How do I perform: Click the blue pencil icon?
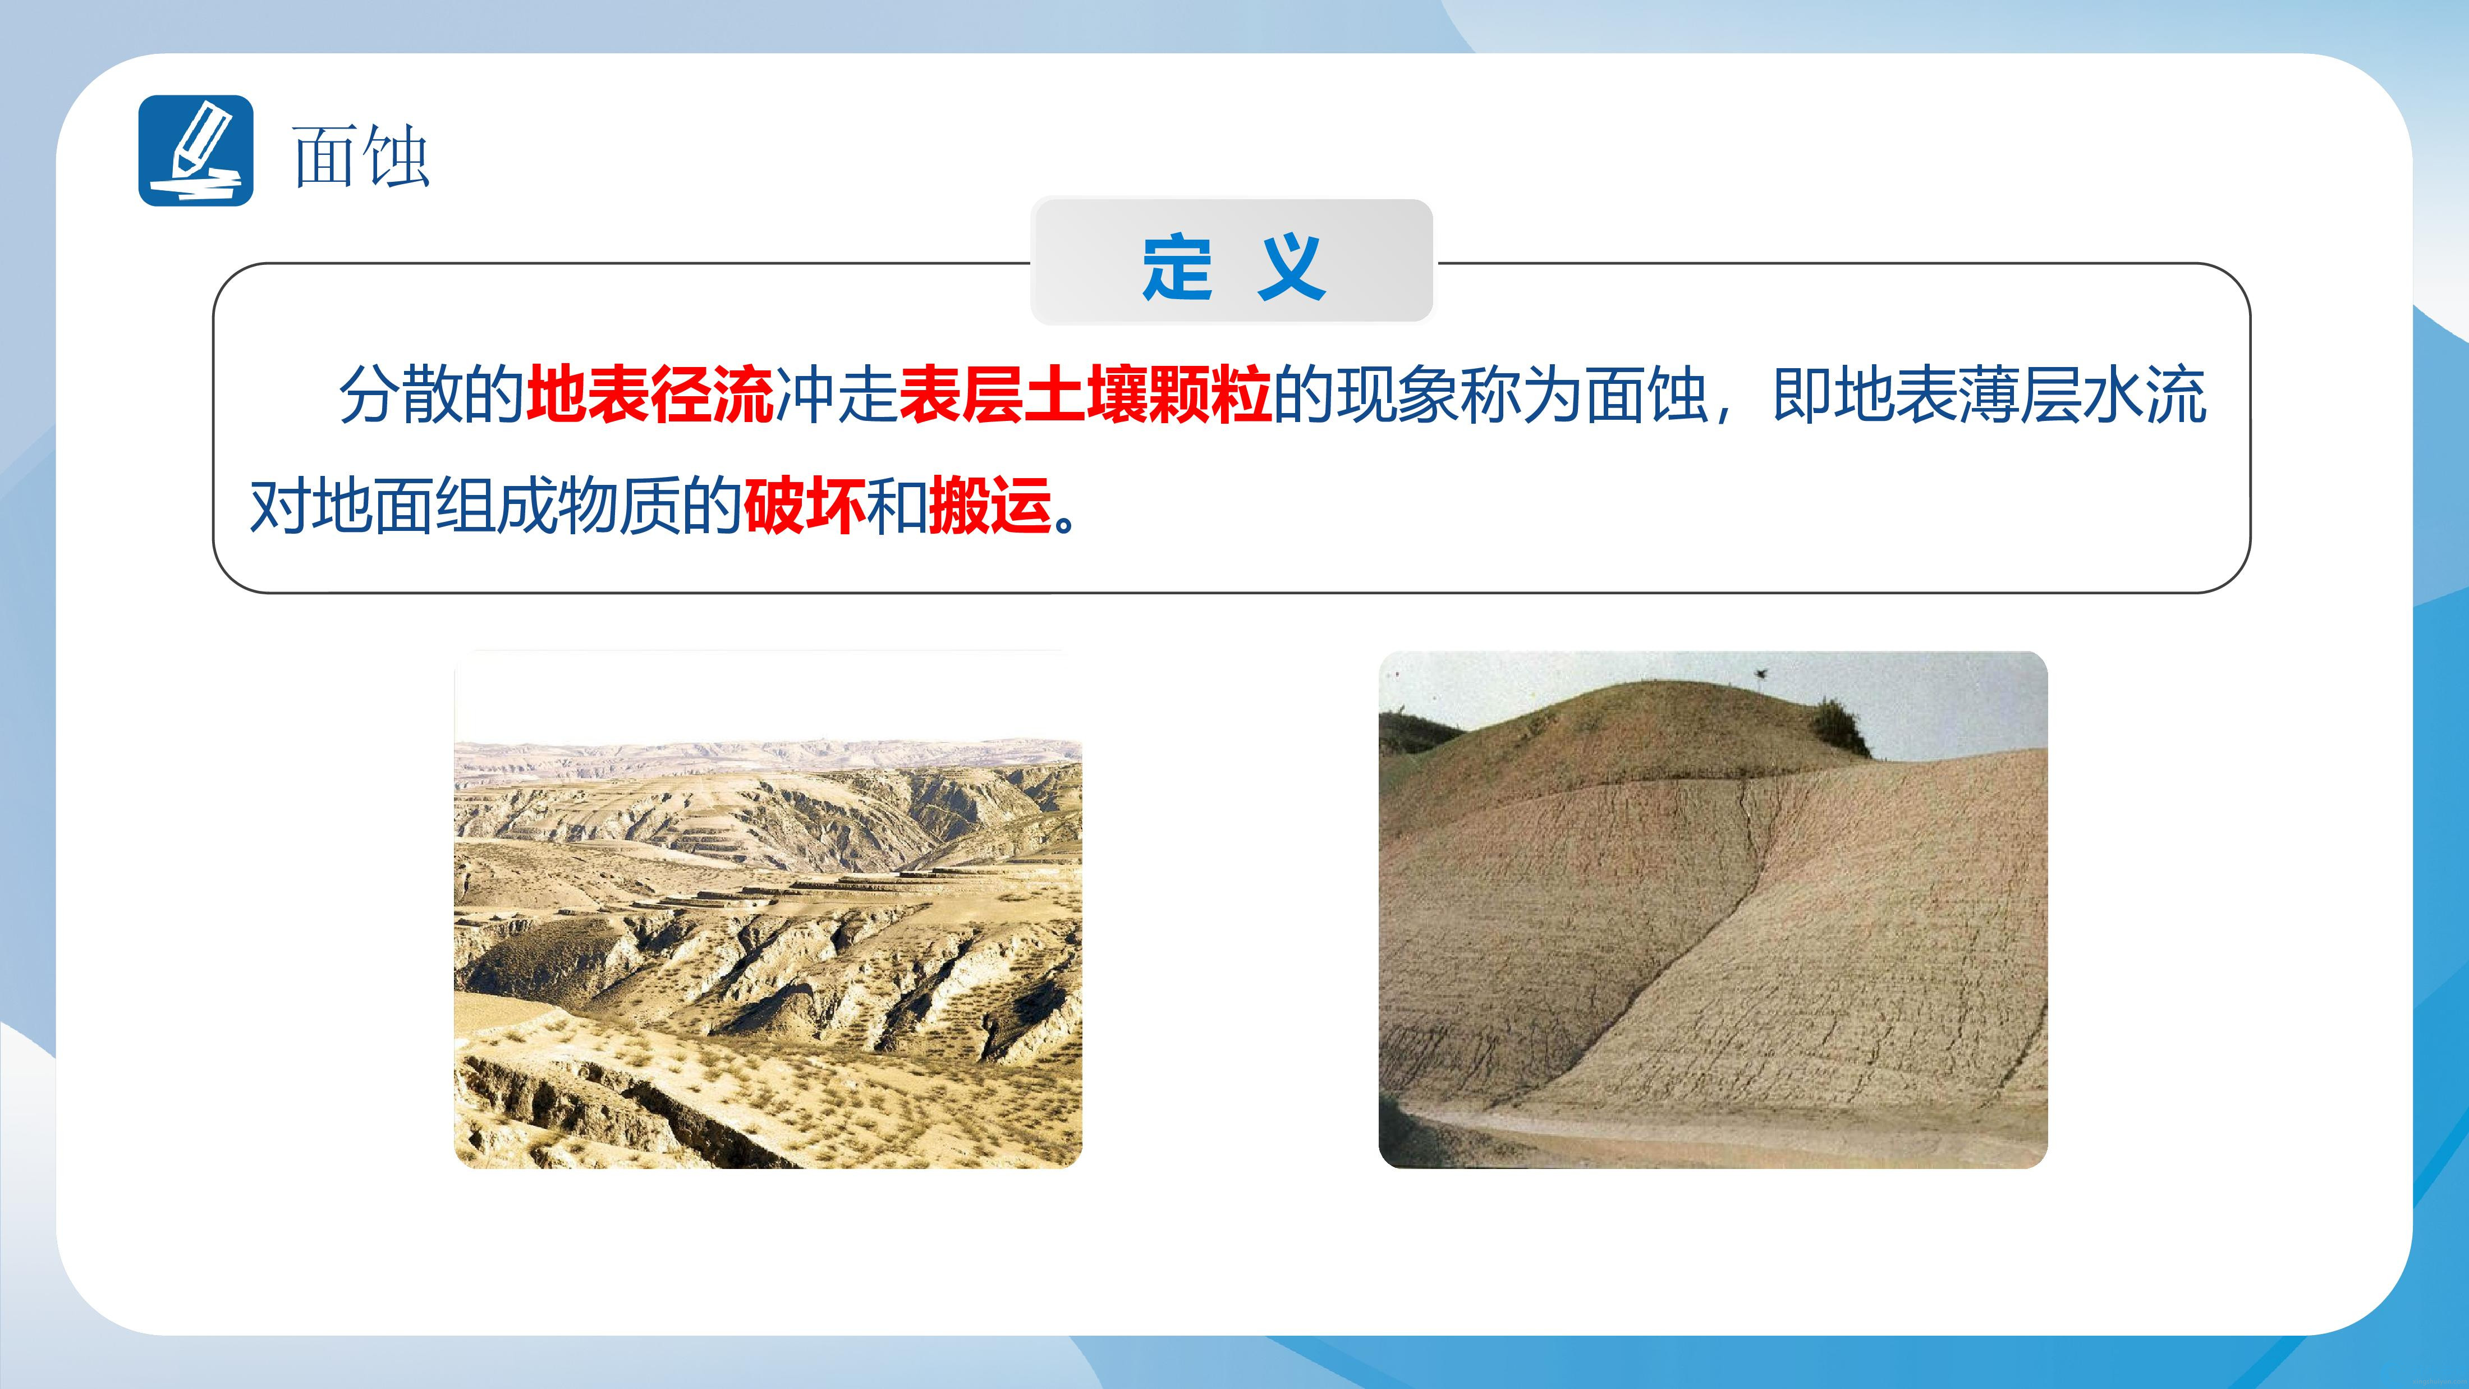[x=195, y=150]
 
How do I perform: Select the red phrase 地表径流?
[x=650, y=394]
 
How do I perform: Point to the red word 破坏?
[x=804, y=505]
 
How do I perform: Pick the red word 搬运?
[x=990, y=505]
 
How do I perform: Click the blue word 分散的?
[x=432, y=394]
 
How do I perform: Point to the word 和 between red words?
[x=897, y=505]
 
